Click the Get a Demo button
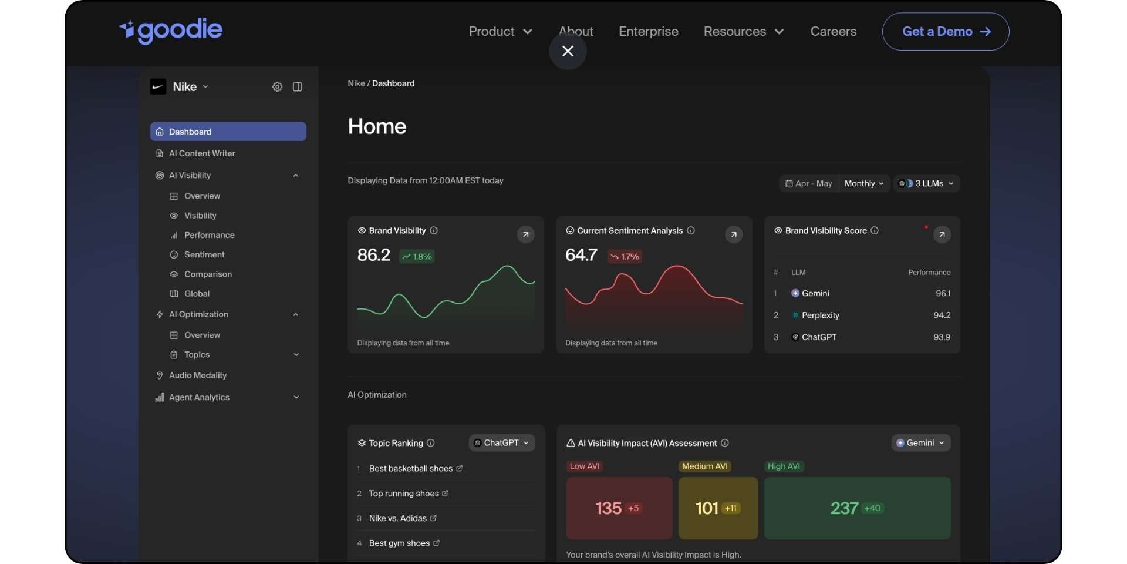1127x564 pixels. pos(945,32)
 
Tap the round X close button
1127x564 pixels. pos(568,51)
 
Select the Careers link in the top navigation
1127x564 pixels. pos(833,32)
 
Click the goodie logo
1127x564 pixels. pos(171,31)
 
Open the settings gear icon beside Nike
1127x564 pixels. pos(277,87)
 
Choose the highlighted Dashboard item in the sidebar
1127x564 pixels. pos(228,132)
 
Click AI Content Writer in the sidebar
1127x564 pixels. pos(201,153)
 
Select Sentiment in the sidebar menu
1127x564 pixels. pos(204,254)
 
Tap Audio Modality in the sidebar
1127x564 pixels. pos(197,375)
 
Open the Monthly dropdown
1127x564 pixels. pos(863,184)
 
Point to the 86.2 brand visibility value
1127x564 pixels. pos(374,255)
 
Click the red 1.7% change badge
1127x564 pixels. pos(625,257)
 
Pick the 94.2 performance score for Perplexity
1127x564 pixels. pos(942,315)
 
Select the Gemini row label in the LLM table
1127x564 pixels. pos(815,293)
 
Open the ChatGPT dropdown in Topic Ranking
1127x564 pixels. pos(502,443)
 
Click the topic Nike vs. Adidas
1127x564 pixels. pos(397,518)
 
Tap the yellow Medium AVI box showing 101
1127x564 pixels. pos(718,508)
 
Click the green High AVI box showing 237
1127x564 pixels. pos(857,508)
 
